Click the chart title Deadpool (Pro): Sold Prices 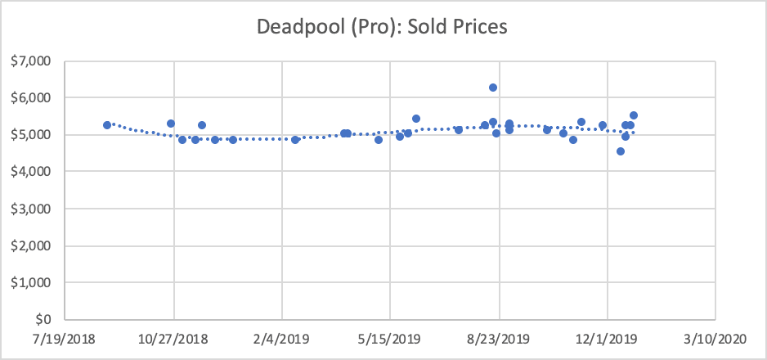(383, 27)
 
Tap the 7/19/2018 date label (65, 338)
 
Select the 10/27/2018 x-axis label (173, 338)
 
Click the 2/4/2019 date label (281, 338)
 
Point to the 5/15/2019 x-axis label (390, 338)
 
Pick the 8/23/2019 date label (499, 338)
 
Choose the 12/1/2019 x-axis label (608, 338)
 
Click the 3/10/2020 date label (715, 338)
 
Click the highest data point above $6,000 (493, 88)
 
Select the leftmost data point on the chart (107, 125)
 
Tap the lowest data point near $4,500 (621, 151)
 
